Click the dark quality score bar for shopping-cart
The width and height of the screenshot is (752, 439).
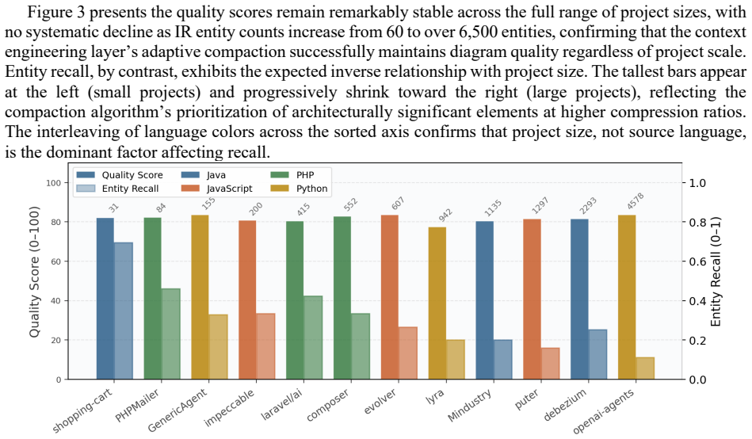pos(105,299)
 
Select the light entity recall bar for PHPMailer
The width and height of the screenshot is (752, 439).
pos(170,334)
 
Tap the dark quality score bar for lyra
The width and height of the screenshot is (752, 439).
pos(437,303)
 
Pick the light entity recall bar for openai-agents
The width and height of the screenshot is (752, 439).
pos(646,368)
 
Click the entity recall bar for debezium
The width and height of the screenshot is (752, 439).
pos(598,354)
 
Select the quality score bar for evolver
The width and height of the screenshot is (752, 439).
pos(390,297)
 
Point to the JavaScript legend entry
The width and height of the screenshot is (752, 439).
pos(217,189)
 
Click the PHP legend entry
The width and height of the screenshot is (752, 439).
pos(292,175)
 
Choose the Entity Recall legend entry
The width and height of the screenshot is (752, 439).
pos(117,189)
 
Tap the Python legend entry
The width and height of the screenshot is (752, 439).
pos(299,189)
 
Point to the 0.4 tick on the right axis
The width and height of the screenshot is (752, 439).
pos(698,301)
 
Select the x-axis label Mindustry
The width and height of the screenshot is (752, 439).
pos(471,406)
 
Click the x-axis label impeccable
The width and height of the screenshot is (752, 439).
pos(229,408)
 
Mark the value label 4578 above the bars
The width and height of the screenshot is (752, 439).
pos(636,201)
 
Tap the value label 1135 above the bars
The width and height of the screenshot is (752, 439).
pos(493,208)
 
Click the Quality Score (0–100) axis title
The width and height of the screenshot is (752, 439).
pos(34,272)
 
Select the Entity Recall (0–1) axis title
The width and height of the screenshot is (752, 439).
pos(716,272)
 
